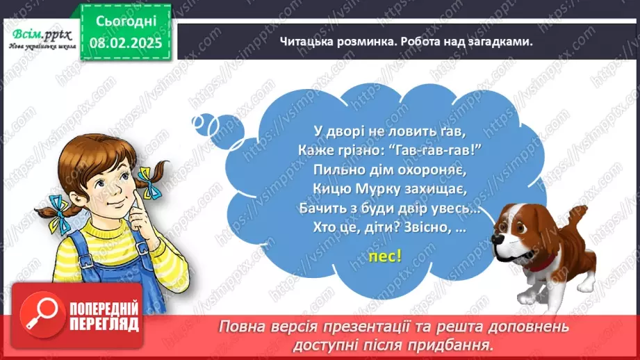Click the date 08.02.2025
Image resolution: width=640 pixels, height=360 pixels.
tap(125, 42)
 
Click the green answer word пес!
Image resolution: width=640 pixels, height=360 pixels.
tap(385, 256)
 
